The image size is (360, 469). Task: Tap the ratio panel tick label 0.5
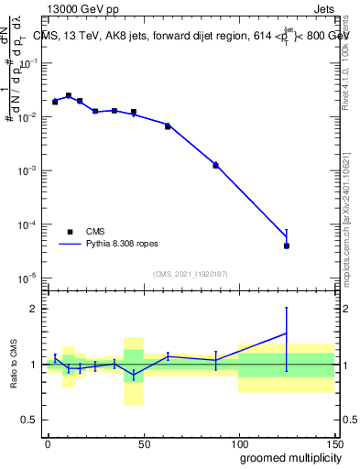30,420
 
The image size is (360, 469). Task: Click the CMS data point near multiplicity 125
287,245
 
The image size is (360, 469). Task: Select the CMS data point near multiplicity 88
215,165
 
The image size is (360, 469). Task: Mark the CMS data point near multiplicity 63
168,125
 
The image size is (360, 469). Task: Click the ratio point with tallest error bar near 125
287,333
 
